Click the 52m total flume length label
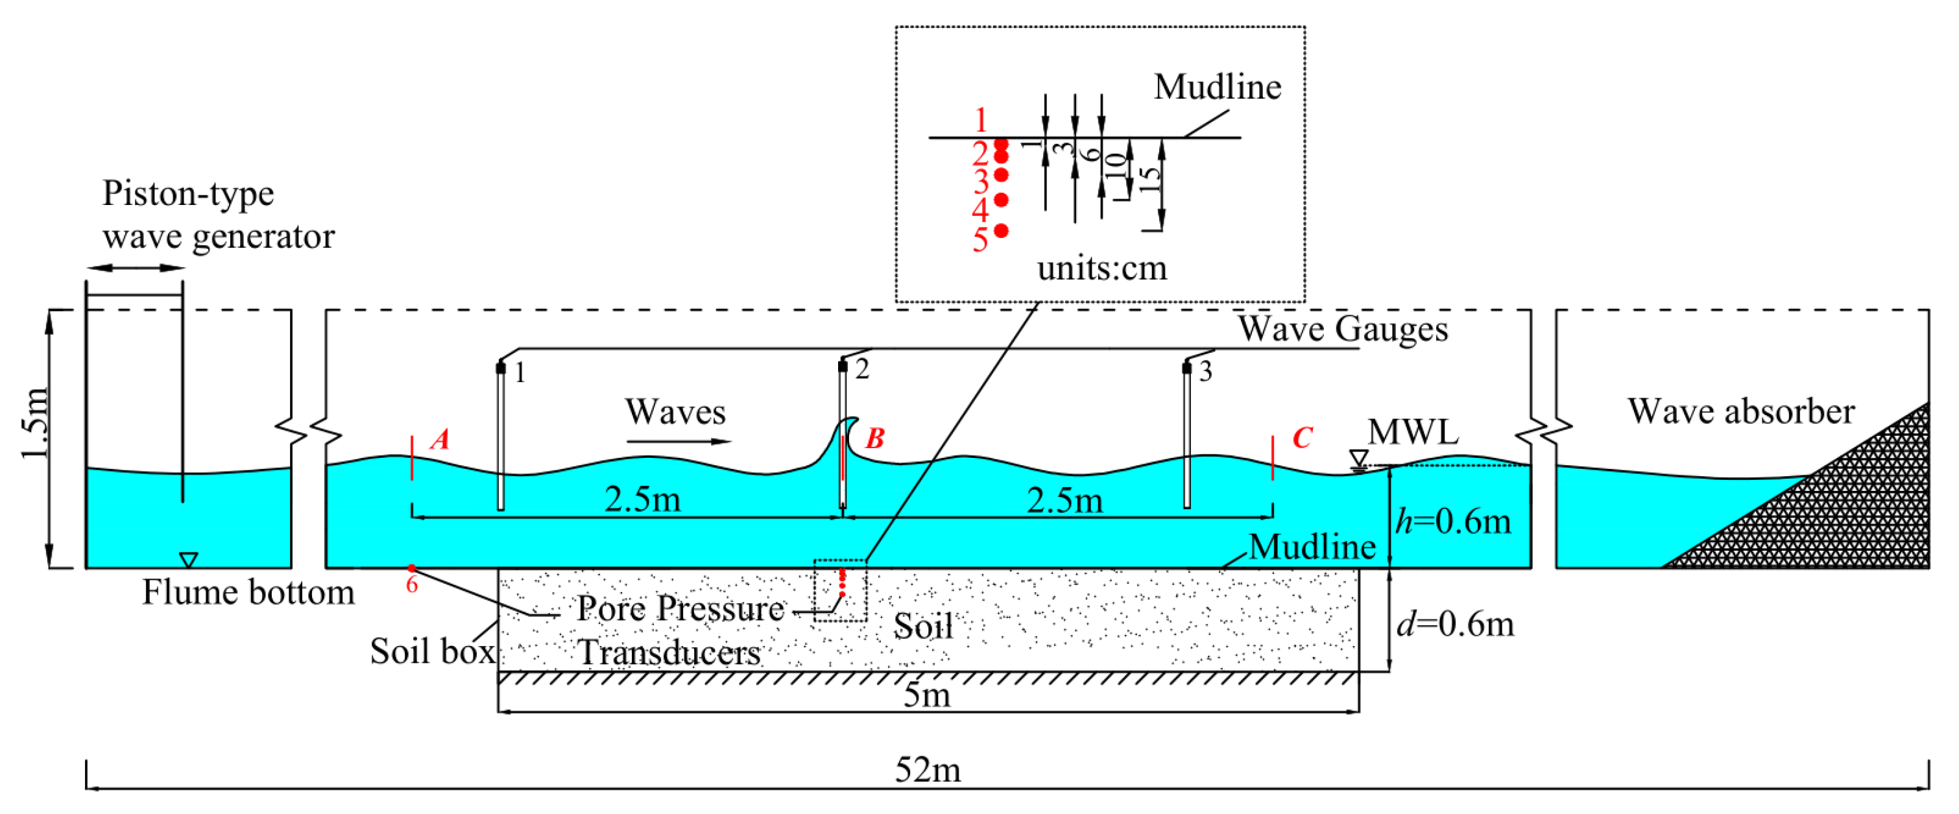tap(927, 770)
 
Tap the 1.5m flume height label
tap(35, 423)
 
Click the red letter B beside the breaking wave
tap(874, 438)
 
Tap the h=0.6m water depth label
tap(1452, 522)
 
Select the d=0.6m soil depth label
tap(1454, 624)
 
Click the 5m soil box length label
tap(926, 695)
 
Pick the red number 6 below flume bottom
tap(411, 584)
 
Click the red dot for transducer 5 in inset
tap(1002, 230)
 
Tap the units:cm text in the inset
tap(1101, 269)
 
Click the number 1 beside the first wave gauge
tap(520, 373)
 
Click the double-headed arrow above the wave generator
tap(136, 268)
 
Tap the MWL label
tap(1413, 432)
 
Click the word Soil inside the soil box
tap(922, 626)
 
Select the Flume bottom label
tap(248, 593)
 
